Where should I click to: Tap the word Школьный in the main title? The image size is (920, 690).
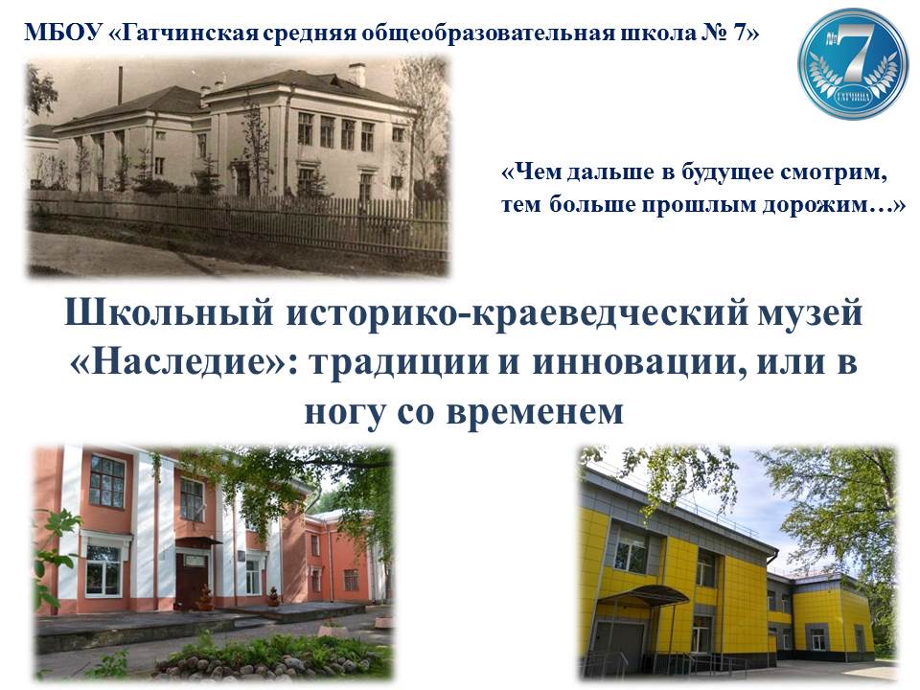pos(169,313)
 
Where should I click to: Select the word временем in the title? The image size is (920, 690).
pos(535,412)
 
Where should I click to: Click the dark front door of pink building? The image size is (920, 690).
pos(192,578)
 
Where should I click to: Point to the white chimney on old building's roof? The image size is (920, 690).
pos(356,75)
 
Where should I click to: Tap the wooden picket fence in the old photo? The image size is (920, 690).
pos(238,224)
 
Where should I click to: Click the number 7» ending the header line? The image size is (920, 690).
pos(746,33)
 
